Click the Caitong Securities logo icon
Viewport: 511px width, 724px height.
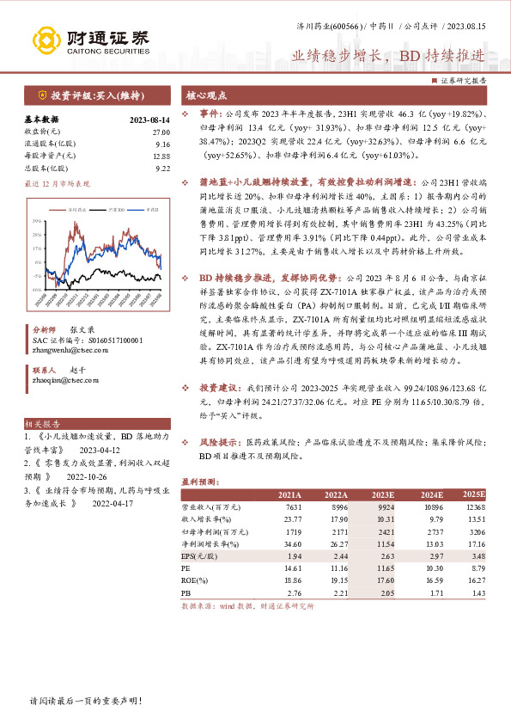click(49, 40)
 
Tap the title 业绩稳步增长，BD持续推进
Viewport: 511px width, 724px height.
click(388, 55)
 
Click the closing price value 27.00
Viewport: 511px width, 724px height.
click(161, 132)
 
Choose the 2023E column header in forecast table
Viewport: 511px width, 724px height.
click(382, 494)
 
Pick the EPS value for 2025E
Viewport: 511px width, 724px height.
click(474, 556)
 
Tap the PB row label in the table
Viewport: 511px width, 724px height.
click(186, 593)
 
